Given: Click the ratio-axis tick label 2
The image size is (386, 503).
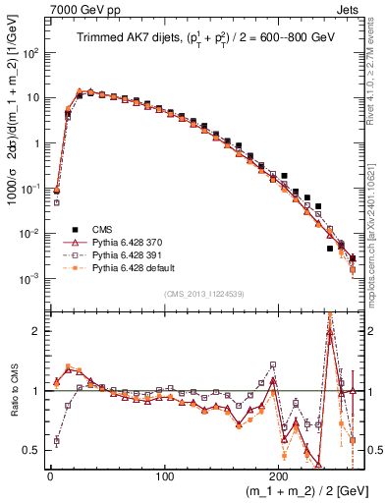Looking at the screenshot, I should [35, 331].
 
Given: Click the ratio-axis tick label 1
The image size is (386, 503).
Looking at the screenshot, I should [35, 391].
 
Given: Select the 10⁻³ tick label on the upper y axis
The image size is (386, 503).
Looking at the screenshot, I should [29, 279].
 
